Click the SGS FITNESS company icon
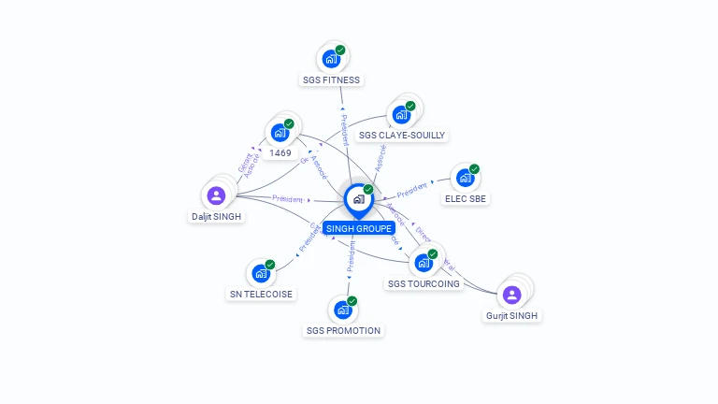[330, 59]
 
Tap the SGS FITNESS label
[331, 80]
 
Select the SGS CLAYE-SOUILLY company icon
[401, 114]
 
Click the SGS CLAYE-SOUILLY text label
[402, 136]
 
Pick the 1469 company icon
[279, 133]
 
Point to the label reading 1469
[280, 152]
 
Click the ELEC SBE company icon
[465, 178]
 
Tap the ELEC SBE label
[467, 198]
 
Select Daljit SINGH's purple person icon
[216, 195]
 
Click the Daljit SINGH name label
[217, 217]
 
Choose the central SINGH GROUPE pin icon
[358, 199]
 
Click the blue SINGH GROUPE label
[359, 228]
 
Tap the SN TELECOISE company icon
[260, 274]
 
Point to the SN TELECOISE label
[261, 294]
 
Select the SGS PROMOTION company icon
[342, 310]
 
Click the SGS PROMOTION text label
[343, 330]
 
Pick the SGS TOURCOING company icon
[423, 263]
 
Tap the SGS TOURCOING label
[424, 283]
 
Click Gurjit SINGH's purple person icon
[511, 295]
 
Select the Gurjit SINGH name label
[512, 316]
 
